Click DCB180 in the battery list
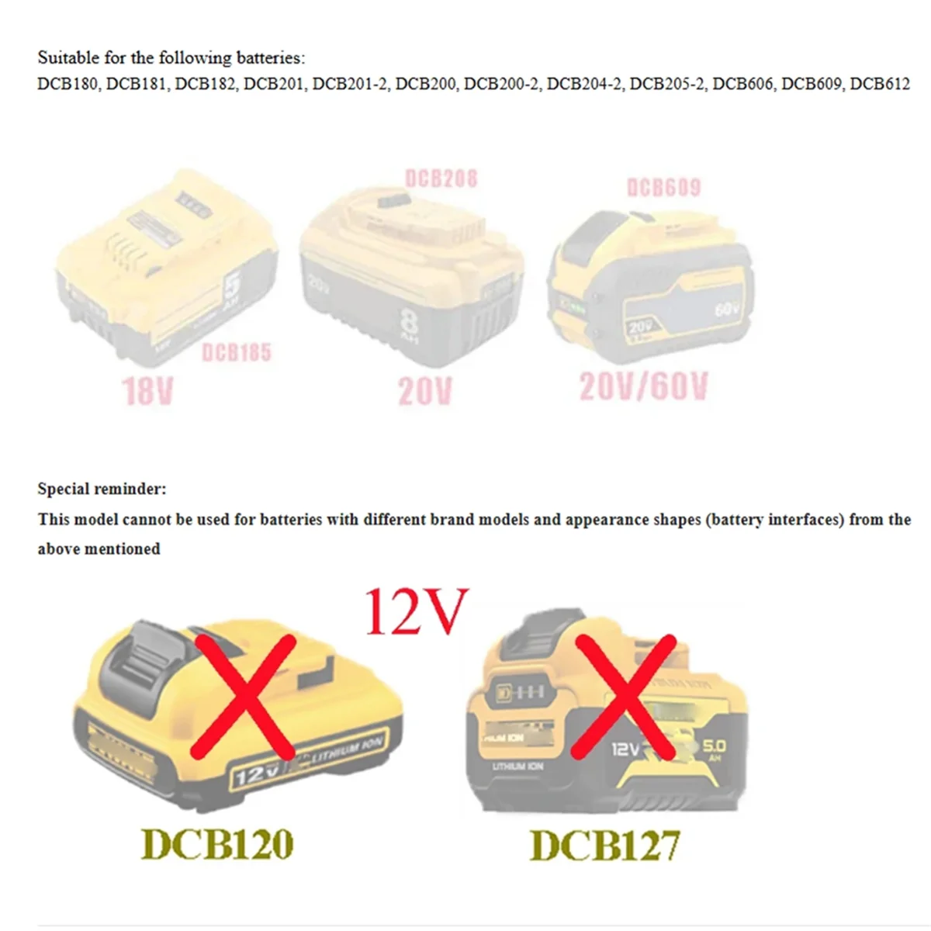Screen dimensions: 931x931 (67, 83)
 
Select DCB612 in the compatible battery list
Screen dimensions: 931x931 (880, 83)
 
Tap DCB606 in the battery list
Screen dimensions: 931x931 (742, 83)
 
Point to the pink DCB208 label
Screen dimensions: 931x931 (441, 179)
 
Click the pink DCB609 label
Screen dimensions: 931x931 (663, 187)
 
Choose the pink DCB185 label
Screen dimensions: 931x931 (237, 353)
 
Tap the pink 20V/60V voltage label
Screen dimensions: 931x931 (644, 386)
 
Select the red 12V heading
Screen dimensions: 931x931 (417, 611)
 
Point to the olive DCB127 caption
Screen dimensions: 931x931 (604, 845)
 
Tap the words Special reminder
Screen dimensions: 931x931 (102, 489)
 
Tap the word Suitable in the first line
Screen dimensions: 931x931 (68, 57)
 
